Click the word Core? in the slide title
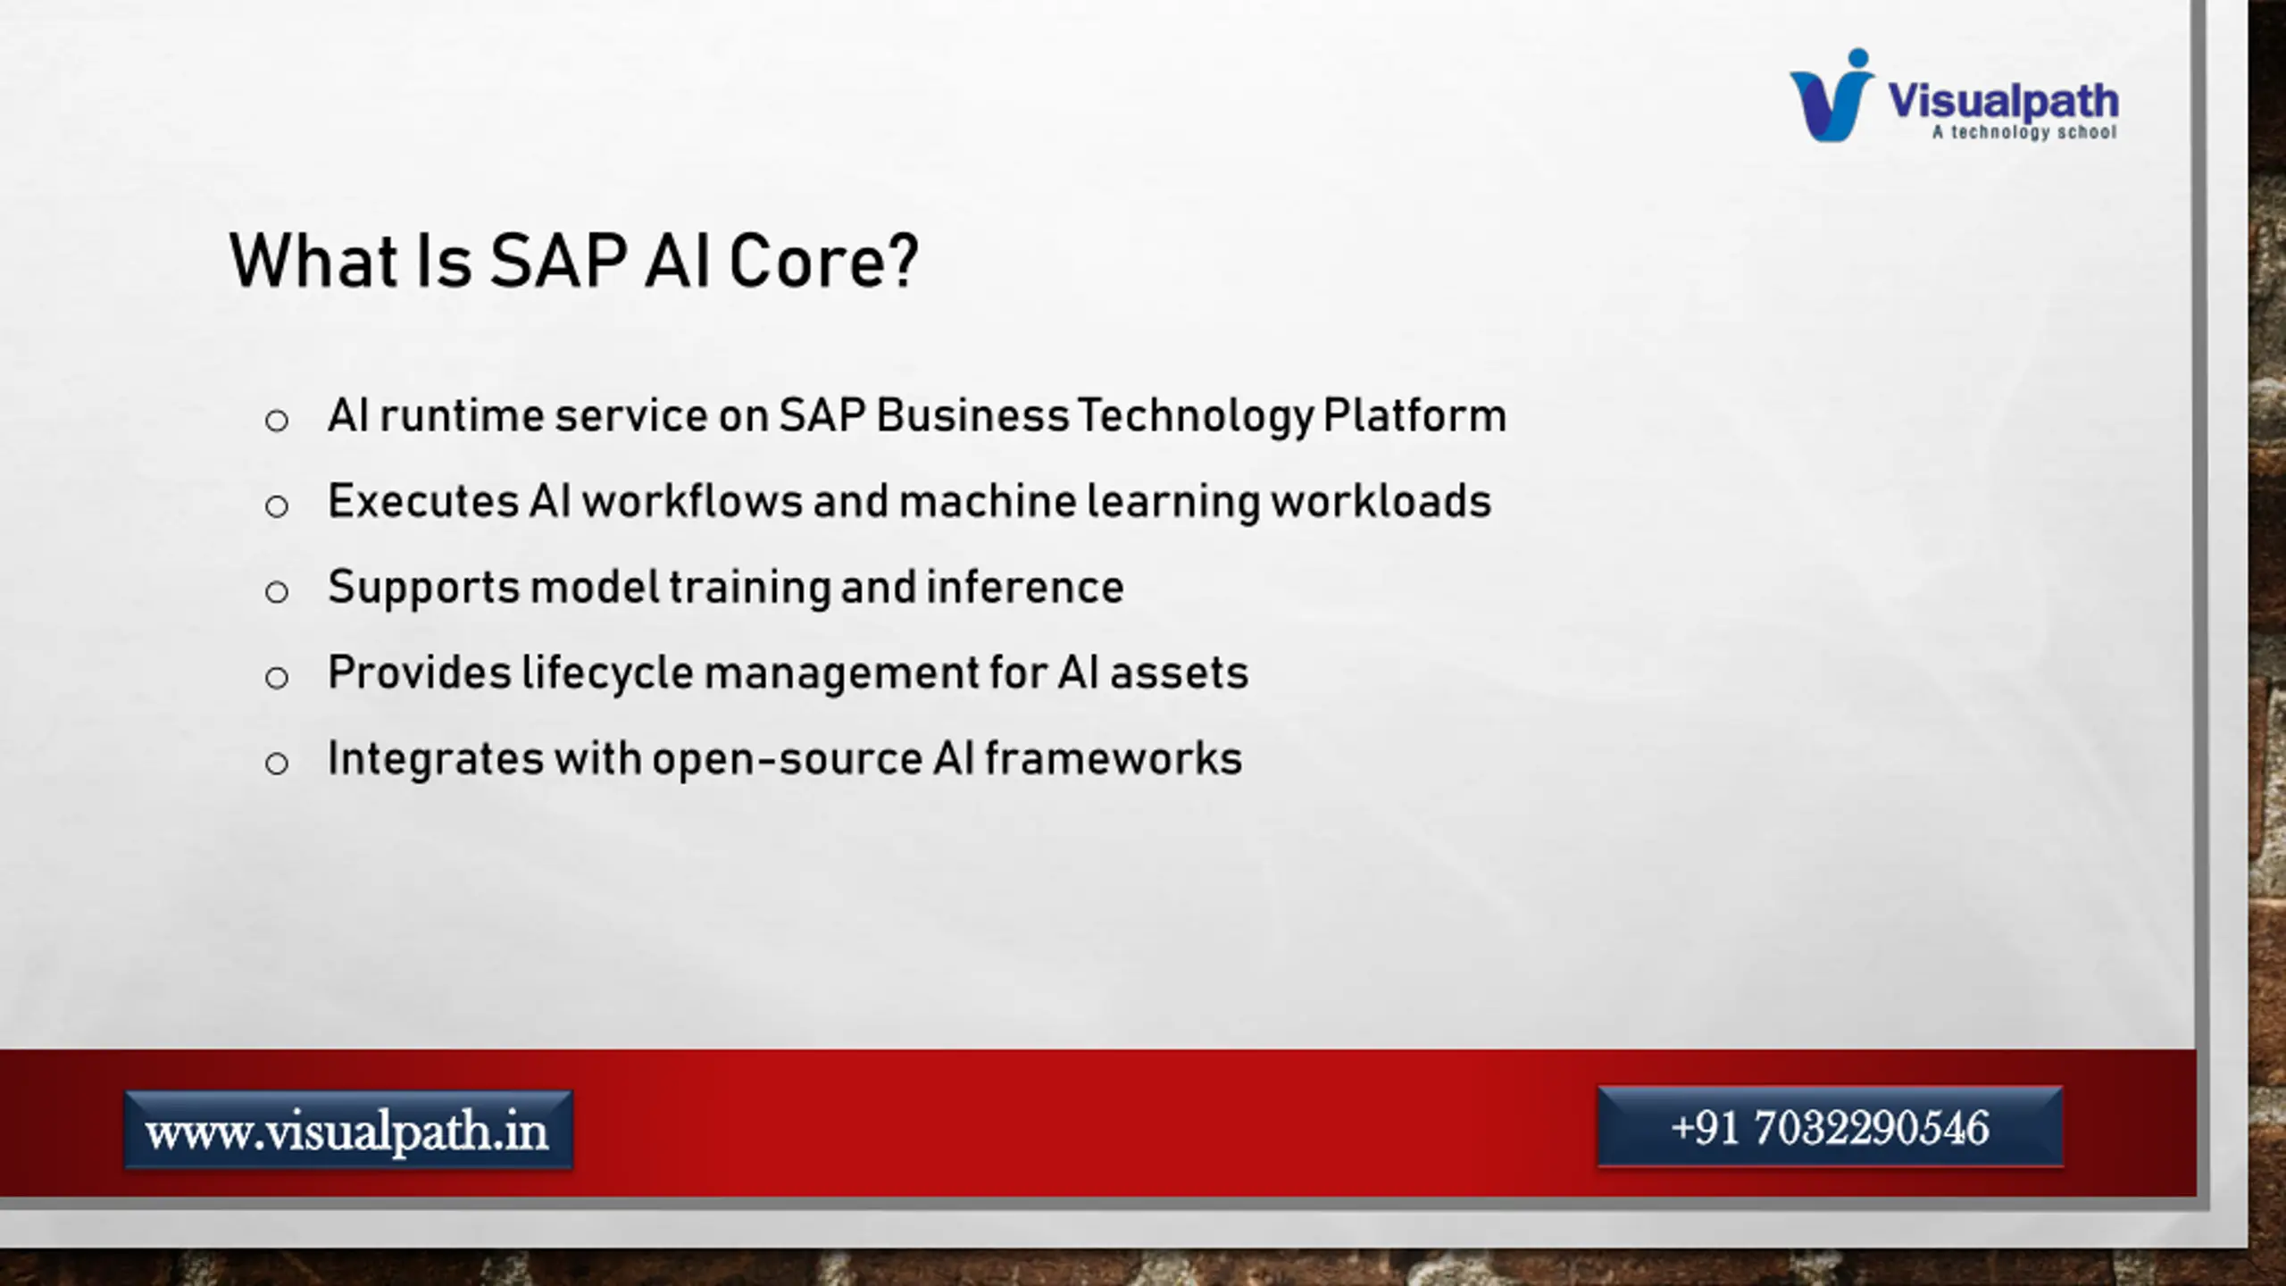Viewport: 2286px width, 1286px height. pyautogui.click(x=823, y=262)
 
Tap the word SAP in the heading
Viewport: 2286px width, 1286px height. pyautogui.click(x=558, y=262)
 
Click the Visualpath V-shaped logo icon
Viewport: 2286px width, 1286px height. pyautogui.click(x=1831, y=96)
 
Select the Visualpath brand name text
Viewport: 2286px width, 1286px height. pyautogui.click(x=2003, y=100)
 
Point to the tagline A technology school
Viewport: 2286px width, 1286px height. pyautogui.click(x=2024, y=132)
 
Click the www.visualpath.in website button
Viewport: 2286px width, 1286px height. pyautogui.click(x=348, y=1130)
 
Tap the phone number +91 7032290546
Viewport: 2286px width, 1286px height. pyautogui.click(x=1830, y=1127)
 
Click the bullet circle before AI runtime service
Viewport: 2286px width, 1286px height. pyautogui.click(x=277, y=421)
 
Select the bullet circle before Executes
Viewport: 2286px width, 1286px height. pyautogui.click(x=277, y=506)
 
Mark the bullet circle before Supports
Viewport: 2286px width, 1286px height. pyautogui.click(x=277, y=591)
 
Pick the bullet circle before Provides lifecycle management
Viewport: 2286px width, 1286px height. pyautogui.click(x=277, y=677)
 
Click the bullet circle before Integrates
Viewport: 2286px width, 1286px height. pyautogui.click(x=277, y=763)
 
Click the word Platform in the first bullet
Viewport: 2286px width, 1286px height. pyautogui.click(x=1414, y=415)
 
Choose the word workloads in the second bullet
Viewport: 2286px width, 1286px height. pyautogui.click(x=1381, y=501)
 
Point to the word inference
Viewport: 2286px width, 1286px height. pyautogui.click(x=1025, y=587)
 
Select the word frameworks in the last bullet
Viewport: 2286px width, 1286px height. pyautogui.click(x=1114, y=758)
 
